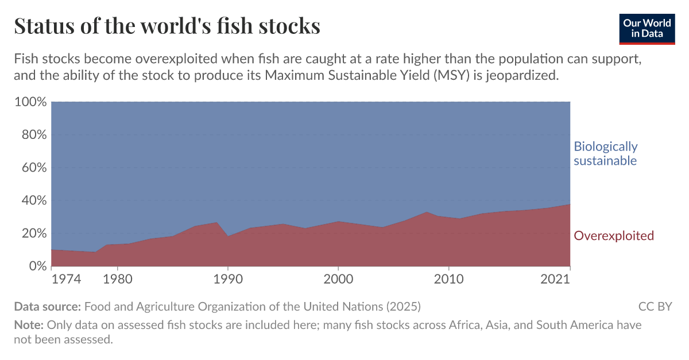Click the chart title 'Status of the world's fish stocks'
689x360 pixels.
(x=167, y=26)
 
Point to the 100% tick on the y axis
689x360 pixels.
(x=29, y=102)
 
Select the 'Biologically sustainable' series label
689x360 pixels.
(x=606, y=153)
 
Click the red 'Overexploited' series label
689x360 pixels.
(x=614, y=235)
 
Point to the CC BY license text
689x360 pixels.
(x=655, y=306)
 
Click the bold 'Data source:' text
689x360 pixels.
(x=48, y=306)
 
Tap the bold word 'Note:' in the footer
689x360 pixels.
(x=29, y=325)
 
